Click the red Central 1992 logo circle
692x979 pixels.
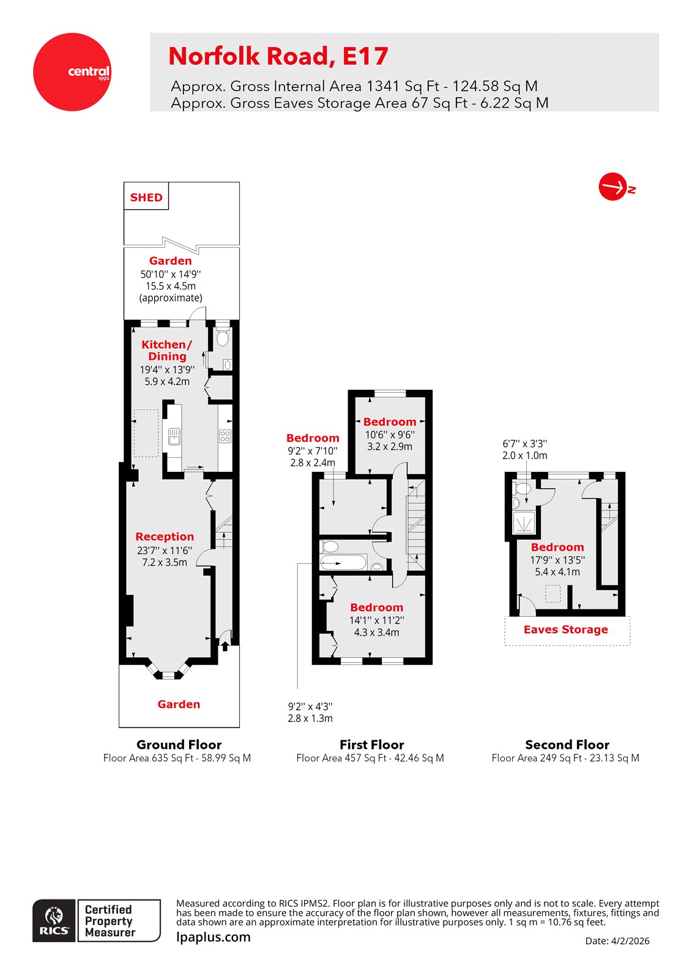tap(72, 72)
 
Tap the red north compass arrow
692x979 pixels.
tap(613, 187)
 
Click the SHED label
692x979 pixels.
tap(146, 197)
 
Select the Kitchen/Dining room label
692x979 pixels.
tap(166, 351)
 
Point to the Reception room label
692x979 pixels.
tap(165, 537)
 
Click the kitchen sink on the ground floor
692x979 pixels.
tap(174, 436)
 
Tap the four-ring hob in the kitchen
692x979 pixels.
tap(225, 436)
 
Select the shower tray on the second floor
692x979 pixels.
tap(524, 523)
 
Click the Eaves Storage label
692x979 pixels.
tap(566, 630)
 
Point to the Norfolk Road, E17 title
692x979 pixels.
tap(278, 56)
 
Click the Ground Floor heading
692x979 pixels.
tap(179, 745)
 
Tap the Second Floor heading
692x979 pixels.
tap(567, 745)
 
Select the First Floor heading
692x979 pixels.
tap(372, 745)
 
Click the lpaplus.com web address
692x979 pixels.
tap(214, 937)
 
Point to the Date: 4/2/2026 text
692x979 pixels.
tap(617, 941)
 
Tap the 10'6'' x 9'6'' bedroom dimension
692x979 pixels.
tap(390, 434)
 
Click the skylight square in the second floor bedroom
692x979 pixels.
tap(553, 594)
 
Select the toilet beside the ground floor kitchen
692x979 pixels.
tap(223, 337)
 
